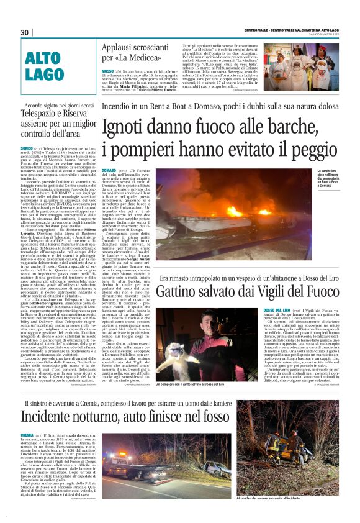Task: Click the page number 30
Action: pos(25,32)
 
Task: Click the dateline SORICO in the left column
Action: pos(27,150)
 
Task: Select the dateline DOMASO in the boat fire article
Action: pos(109,170)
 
